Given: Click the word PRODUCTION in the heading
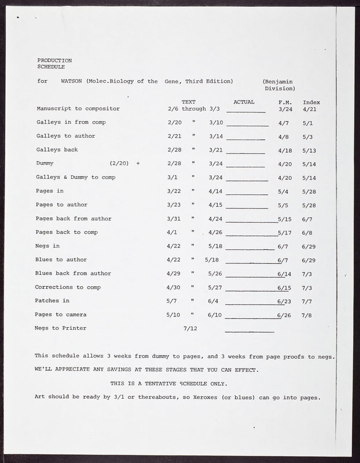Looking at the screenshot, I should coord(54,60).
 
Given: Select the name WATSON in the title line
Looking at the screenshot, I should coord(71,82).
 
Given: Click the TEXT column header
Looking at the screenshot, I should coord(188,102).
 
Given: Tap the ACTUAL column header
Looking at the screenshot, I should coord(244,102).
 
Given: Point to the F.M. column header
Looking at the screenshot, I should coord(284,102).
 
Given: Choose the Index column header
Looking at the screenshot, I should coord(311,102).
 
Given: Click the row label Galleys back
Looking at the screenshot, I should coord(57,150).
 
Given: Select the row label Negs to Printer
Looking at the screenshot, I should coord(60,328).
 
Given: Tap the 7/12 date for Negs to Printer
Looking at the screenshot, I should coord(190,328).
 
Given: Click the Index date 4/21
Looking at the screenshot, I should coord(309,109).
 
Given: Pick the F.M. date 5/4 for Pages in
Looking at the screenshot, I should coord(284,191).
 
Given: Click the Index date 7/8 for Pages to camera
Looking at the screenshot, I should coord(307,315).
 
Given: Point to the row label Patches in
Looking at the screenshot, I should coord(52,301).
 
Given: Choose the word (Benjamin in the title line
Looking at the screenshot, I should coord(277,82).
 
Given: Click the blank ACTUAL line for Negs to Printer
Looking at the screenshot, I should coord(249,330).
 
